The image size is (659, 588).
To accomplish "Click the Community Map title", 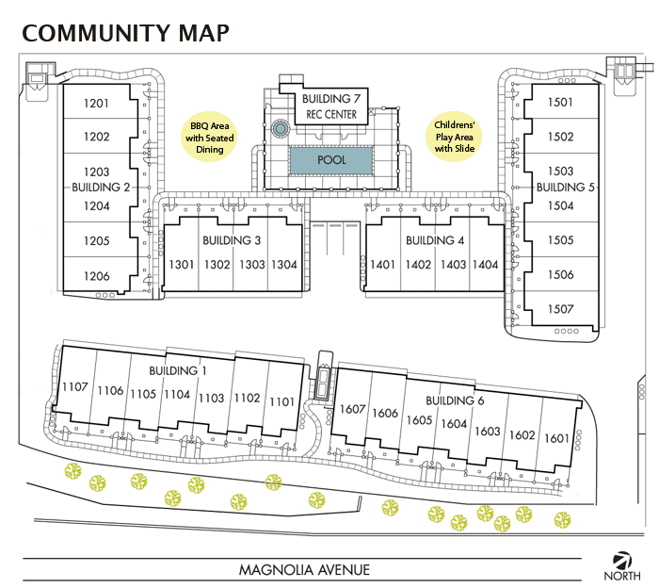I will coord(125,33).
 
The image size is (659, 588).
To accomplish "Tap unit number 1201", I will coord(97,104).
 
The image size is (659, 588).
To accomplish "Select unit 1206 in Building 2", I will coord(97,276).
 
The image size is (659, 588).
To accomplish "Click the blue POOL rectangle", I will coord(330,160).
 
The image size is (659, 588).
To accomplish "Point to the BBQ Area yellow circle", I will coord(211,138).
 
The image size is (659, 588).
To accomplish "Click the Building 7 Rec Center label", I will coord(330,106).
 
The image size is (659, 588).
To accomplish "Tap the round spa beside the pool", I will coord(279,128).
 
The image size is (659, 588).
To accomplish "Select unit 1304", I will coord(283,265).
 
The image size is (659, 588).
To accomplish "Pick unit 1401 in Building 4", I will coord(382,265).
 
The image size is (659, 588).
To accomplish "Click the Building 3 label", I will coord(231,240).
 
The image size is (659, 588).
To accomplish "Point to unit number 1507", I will coord(560,309).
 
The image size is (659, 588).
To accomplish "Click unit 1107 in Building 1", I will coord(74,387).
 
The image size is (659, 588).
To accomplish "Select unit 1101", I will coord(281,401).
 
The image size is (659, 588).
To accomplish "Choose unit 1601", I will coord(556,438).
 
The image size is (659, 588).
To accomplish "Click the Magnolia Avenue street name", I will coord(304,569).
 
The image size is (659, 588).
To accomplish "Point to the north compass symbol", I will coord(621,559).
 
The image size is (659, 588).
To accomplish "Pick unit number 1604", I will coord(454,424).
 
